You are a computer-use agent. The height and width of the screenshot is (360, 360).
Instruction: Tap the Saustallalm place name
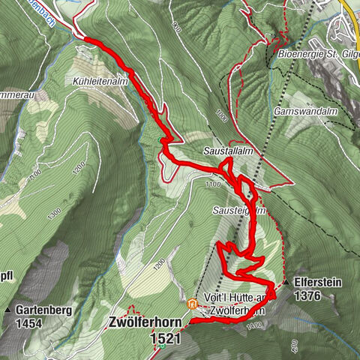pyautogui.click(x=226, y=151)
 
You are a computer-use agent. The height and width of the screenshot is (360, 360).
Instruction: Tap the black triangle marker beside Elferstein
pyautogui.click(x=286, y=283)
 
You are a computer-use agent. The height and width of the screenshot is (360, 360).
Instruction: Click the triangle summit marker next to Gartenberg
pyautogui.click(x=7, y=309)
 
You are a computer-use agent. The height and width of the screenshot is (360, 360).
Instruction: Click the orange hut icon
pyautogui.click(x=192, y=304)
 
